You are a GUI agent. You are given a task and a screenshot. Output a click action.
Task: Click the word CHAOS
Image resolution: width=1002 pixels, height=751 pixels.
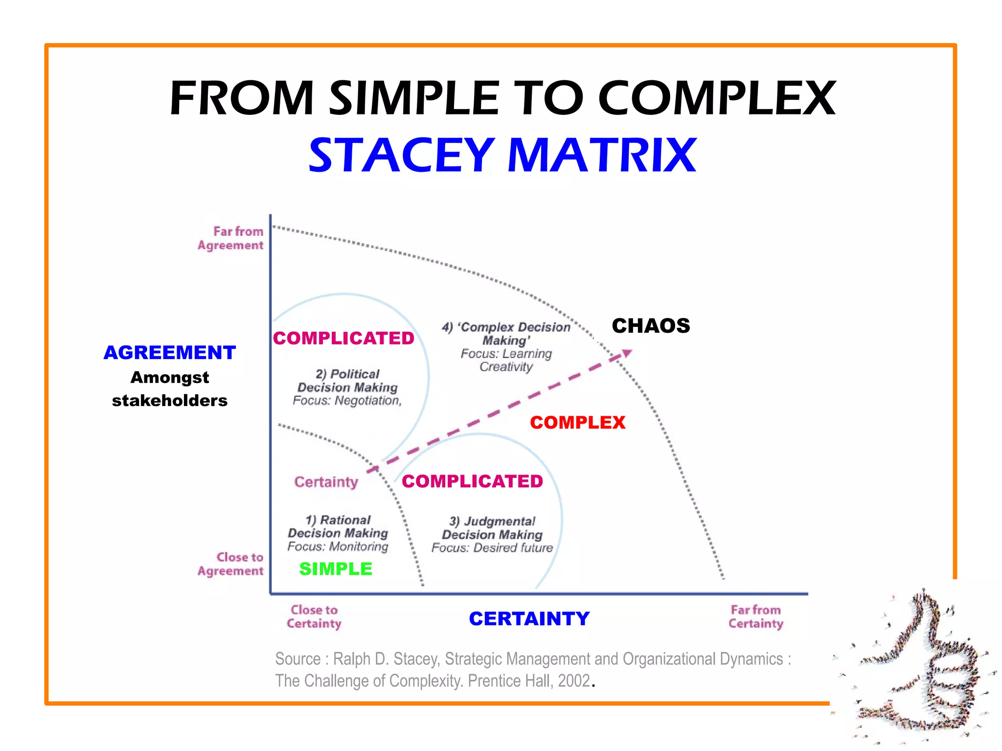651,326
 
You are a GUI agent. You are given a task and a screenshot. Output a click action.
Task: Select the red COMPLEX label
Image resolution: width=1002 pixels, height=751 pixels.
577,423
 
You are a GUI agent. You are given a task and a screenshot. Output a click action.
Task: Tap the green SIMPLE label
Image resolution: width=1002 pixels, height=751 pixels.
336,569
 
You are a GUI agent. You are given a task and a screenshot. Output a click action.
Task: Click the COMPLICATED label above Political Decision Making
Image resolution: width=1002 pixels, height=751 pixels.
343,339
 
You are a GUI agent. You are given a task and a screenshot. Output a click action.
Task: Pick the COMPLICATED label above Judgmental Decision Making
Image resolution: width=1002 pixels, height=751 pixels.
472,481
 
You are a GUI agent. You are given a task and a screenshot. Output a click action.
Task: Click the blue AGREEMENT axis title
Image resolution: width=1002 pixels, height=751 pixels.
170,353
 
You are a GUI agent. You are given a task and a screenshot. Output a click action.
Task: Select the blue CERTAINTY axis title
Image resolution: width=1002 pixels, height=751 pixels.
529,619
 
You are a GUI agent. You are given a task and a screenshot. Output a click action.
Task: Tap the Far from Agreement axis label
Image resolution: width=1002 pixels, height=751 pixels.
231,238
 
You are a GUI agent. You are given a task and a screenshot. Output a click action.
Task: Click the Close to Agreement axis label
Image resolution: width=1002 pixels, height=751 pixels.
231,564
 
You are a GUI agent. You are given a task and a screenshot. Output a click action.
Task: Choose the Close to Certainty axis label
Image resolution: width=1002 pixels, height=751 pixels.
314,617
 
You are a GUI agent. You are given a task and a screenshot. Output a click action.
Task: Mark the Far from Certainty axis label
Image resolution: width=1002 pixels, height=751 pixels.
756,617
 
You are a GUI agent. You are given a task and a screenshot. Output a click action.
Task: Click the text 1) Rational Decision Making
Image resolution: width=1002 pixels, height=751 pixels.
338,526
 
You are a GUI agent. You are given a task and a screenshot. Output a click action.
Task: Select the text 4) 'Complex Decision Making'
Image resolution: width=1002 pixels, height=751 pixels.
506,334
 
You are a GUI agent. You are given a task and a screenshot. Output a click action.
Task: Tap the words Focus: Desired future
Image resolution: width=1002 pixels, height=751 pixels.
492,548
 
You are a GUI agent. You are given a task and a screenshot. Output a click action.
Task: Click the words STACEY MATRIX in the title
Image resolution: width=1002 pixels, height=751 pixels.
502,155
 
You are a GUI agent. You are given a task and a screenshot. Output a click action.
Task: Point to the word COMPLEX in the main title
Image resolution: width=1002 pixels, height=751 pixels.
717,99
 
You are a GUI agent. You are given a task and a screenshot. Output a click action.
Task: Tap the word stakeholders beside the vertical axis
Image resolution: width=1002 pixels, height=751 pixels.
170,401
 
